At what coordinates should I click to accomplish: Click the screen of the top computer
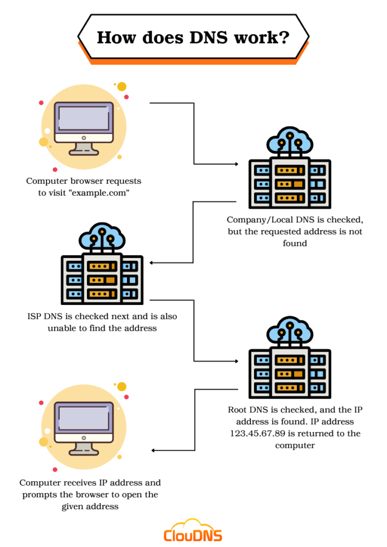84,118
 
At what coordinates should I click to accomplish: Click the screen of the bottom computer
84,418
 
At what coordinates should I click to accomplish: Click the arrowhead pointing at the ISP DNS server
153,263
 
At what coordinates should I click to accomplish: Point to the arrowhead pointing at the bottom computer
154,450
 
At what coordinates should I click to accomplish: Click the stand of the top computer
84,147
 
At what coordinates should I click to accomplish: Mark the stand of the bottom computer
84,448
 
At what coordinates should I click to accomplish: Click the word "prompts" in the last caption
40,495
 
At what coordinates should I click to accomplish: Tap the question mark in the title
284,37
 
